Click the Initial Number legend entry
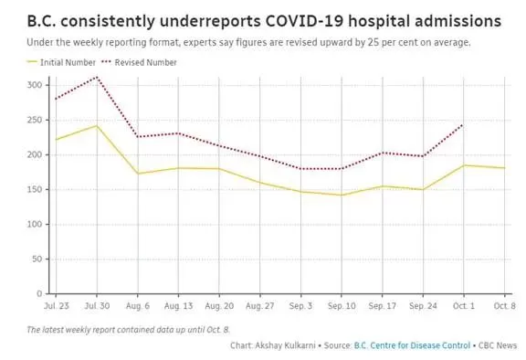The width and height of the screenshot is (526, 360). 61,62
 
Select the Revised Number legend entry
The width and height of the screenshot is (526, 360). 139,62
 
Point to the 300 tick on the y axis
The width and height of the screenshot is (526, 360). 35,85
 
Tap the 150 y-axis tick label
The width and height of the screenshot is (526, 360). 35,189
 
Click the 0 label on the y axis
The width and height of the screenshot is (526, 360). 39,294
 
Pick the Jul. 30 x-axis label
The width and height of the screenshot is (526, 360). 97,306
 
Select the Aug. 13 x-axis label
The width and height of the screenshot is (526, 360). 178,306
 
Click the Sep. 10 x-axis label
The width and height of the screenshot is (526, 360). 342,306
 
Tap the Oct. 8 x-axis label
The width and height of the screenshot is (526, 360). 504,306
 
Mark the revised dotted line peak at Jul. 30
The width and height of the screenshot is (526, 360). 97,77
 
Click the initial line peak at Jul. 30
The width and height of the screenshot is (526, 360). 97,126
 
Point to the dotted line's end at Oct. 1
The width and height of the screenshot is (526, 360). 464,125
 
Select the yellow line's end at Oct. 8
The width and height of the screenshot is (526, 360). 504,168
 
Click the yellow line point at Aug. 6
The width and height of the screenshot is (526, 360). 138,174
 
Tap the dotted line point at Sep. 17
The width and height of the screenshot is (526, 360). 383,153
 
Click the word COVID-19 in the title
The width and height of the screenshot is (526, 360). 304,21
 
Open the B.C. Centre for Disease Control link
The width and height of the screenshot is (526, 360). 412,345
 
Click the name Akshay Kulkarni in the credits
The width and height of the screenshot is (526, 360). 285,345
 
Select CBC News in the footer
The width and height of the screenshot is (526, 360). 498,345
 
